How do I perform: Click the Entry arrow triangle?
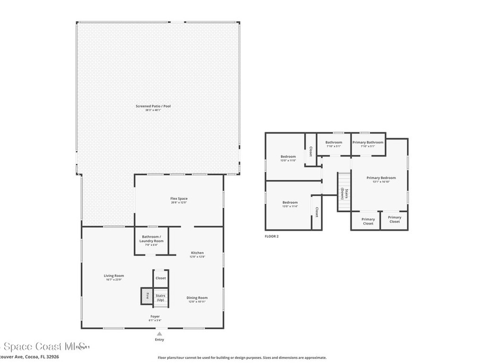[160, 334]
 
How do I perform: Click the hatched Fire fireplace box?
[147, 296]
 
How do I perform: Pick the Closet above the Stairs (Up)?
[161, 278]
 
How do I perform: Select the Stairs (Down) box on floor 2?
[344, 193]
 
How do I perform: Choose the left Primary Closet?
[368, 221]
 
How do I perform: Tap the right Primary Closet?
[394, 220]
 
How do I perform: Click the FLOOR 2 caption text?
[272, 236]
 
